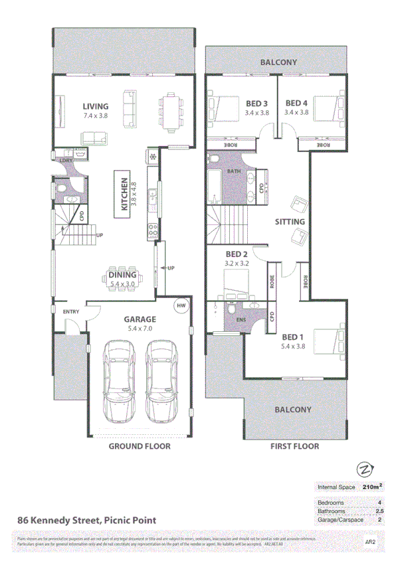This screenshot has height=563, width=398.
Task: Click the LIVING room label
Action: pos(96,106)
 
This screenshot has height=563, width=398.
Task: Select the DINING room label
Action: pos(122,275)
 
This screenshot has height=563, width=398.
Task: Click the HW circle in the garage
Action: pos(181,305)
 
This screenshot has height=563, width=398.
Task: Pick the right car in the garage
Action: pos(161,381)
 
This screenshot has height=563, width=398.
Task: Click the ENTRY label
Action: pos(71,311)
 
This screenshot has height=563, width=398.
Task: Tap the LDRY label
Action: pos(66,160)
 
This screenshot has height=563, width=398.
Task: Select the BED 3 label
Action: pos(256,104)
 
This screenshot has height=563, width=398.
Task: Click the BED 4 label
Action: pos(296,104)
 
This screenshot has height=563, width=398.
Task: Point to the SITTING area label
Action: pos(289,222)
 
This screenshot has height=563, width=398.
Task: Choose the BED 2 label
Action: pos(237,254)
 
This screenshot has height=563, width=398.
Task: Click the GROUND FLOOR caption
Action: pos(140,446)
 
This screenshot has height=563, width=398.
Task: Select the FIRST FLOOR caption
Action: pos(294,446)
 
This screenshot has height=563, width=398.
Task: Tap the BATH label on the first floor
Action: pos(234,171)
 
